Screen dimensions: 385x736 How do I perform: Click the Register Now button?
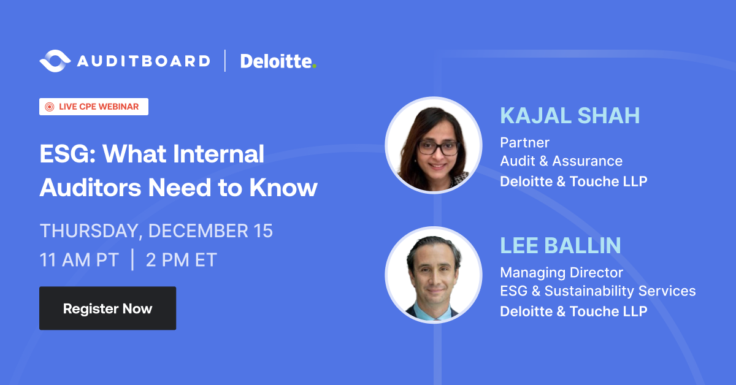tap(107, 308)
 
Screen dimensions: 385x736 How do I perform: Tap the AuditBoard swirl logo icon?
tap(54, 61)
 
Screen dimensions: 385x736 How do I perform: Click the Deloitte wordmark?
tap(275, 61)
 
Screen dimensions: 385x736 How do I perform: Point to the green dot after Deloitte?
tap(315, 66)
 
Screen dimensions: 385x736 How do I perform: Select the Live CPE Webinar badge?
tap(94, 107)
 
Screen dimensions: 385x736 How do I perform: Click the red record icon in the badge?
tap(50, 107)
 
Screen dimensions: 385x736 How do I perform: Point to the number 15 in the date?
tap(261, 231)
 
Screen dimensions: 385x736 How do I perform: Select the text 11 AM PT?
tap(78, 260)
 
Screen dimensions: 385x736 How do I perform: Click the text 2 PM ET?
tap(181, 260)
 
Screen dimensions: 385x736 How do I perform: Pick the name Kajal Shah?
tap(570, 115)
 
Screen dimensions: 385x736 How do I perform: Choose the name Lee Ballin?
tap(561, 245)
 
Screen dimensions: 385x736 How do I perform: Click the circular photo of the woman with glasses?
tap(433, 145)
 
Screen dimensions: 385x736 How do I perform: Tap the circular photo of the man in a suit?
tap(433, 275)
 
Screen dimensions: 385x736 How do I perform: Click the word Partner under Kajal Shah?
tap(524, 143)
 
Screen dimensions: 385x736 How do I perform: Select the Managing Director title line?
tap(561, 272)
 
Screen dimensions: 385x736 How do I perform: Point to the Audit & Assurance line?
tap(561, 161)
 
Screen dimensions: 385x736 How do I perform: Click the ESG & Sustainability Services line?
tap(598, 291)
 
